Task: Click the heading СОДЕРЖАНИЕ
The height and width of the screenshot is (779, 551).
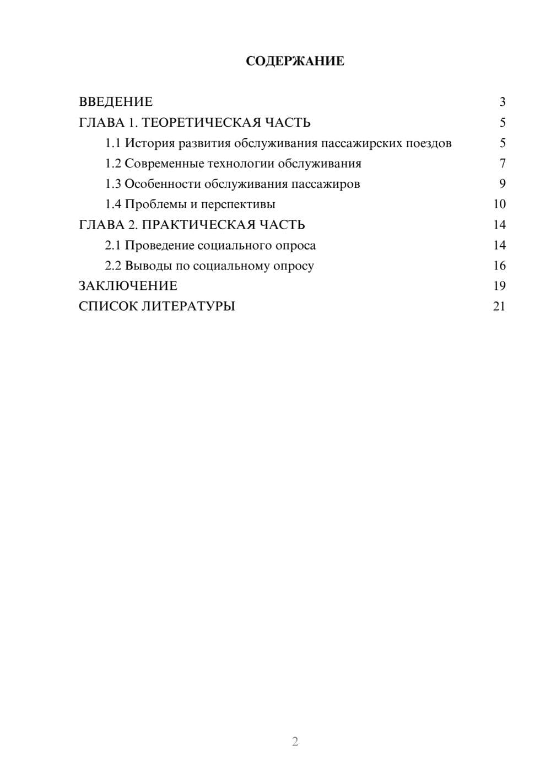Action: (x=295, y=61)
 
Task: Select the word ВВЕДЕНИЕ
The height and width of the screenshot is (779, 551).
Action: (x=116, y=102)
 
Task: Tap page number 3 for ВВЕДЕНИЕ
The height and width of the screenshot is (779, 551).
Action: (x=502, y=102)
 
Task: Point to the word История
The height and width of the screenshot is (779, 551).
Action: (x=150, y=143)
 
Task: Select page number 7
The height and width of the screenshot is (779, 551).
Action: (x=502, y=164)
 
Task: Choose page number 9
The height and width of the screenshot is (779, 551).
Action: (x=502, y=184)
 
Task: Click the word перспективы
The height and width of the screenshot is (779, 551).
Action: (x=238, y=204)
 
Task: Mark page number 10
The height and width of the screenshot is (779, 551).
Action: (x=499, y=204)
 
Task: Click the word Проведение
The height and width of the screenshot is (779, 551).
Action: (x=159, y=245)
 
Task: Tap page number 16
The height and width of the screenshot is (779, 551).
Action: (x=499, y=266)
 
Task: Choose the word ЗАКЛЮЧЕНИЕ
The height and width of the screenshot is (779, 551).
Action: (x=128, y=286)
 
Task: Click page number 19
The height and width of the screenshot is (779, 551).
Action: (x=499, y=286)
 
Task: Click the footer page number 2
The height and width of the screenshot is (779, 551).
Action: (x=295, y=742)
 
